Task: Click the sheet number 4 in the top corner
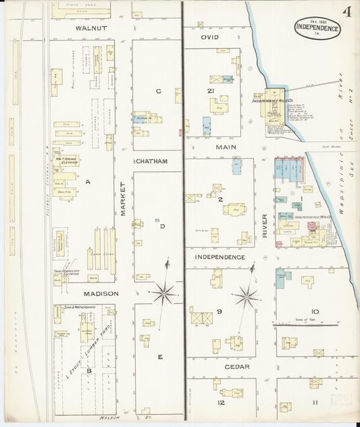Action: (346, 11)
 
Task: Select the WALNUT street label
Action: (91, 29)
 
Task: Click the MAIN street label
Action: (224, 147)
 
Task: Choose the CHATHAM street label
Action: (151, 161)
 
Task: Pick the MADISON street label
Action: (101, 294)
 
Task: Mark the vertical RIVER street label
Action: (265, 225)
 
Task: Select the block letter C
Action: (158, 91)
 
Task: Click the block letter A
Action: (87, 181)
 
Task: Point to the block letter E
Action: (160, 357)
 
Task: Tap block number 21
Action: (211, 91)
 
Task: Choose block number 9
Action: (220, 311)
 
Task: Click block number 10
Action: (315, 311)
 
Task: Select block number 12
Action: (220, 403)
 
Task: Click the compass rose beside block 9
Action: (247, 295)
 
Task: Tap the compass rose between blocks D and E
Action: (163, 292)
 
